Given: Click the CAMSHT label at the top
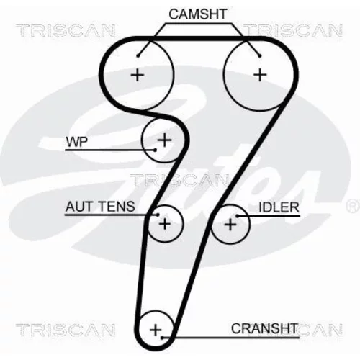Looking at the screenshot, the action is point(198,14).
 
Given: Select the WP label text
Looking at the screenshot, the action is point(77,142).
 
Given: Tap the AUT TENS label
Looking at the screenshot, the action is point(100,207).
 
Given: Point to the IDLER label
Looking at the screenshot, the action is point(279,207).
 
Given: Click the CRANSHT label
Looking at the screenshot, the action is point(264,328).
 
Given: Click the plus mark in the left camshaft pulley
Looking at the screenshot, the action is point(138,75).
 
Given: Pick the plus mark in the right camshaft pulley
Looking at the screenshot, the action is point(260,75).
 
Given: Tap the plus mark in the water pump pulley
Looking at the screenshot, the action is point(164,140).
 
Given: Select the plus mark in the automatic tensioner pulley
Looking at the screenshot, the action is point(165,224).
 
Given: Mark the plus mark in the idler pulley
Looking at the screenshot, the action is point(230,225).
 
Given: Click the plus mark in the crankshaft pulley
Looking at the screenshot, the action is point(156,330).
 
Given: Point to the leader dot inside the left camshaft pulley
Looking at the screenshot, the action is point(138,56).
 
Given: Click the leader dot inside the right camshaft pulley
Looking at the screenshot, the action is point(260,56).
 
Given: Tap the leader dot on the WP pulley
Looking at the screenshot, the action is point(155,150).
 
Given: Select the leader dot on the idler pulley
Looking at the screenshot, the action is point(237,216).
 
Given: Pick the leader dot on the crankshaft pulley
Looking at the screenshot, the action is point(162,338).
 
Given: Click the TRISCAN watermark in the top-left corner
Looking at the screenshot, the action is point(66,30).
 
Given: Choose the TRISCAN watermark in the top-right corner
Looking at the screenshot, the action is point(293,30).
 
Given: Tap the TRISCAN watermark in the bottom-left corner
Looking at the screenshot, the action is point(66,330).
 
